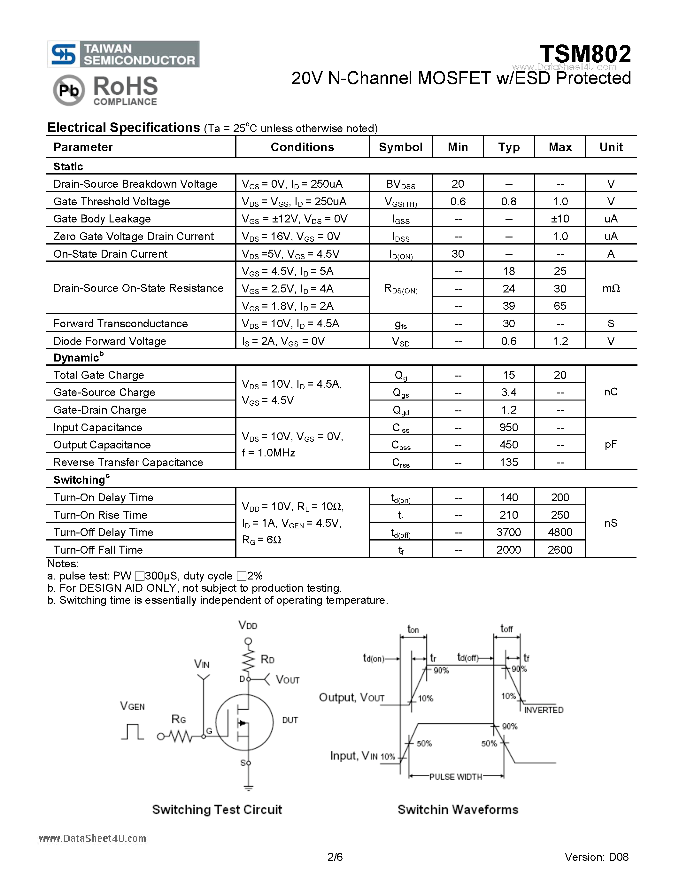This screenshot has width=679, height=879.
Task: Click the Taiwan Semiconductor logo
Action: [x=123, y=54]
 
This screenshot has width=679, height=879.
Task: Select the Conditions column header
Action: [x=302, y=147]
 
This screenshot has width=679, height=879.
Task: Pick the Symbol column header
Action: [x=401, y=147]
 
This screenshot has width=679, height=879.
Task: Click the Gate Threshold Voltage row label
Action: [x=112, y=201]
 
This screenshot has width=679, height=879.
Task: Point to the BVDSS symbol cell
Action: [x=401, y=184]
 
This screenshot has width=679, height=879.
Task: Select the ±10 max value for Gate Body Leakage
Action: [x=560, y=219]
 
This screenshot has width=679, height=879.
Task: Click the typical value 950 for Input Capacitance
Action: [x=508, y=427]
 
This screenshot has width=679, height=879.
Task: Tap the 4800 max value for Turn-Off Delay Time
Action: [x=560, y=532]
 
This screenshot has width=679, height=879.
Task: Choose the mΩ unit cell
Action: [x=611, y=288]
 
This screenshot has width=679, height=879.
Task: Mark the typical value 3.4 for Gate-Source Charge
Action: [x=508, y=393]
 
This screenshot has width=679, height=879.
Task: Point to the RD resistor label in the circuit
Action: [x=267, y=659]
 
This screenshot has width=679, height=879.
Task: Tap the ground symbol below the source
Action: [x=248, y=788]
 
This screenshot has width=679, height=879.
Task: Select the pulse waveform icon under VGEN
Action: [x=132, y=732]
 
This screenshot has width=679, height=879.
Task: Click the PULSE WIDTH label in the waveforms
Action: [x=456, y=777]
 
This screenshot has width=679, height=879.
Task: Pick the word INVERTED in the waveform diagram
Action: [x=544, y=710]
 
